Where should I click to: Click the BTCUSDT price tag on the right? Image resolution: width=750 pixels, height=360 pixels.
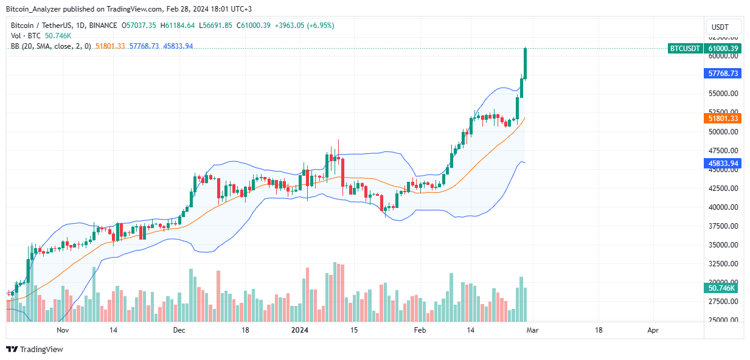pyautogui.click(x=685, y=49)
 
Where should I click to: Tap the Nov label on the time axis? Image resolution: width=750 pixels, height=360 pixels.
pyautogui.click(x=63, y=331)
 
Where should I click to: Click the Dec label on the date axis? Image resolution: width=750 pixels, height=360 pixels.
pyautogui.click(x=179, y=331)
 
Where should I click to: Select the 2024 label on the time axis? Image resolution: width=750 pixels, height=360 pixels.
pyautogui.click(x=300, y=331)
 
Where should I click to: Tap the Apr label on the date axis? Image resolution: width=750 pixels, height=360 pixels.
pyautogui.click(x=653, y=331)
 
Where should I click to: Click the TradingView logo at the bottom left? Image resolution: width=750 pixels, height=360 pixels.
pyautogui.click(x=35, y=350)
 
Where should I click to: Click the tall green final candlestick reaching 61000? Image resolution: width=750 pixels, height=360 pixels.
pyautogui.click(x=526, y=63)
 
